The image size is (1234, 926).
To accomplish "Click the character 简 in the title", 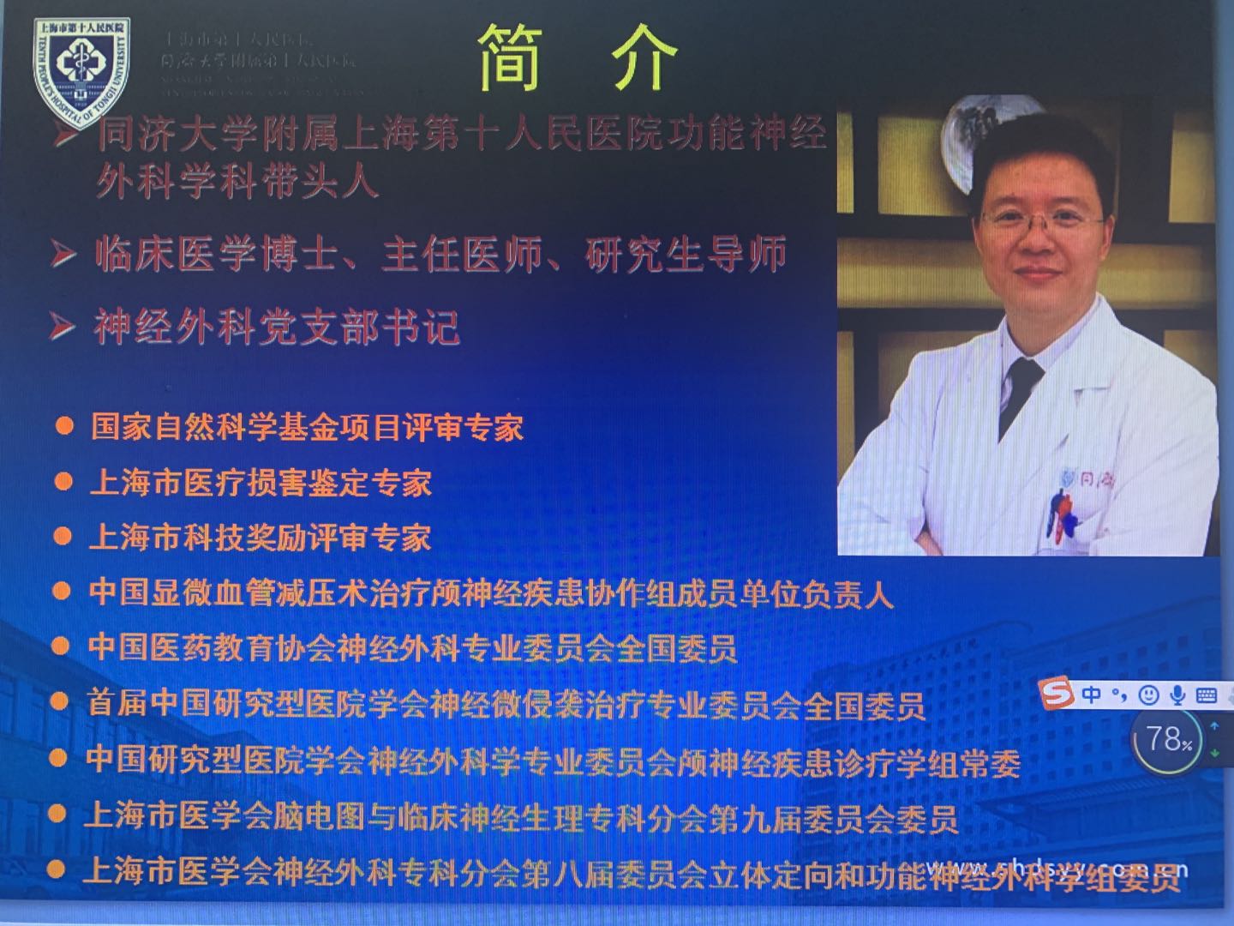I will (x=512, y=57).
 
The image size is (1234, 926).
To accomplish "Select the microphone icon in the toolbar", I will (x=1178, y=694).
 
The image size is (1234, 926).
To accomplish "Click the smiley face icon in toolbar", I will (x=1149, y=694).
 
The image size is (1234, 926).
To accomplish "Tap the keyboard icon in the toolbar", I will (x=1206, y=694).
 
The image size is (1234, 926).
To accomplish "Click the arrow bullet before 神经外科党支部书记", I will (x=62, y=327).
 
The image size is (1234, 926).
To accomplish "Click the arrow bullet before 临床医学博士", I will (x=62, y=255).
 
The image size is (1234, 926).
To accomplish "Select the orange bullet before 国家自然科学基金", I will (x=64, y=426).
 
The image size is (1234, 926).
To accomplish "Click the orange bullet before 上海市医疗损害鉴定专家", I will (x=63, y=482).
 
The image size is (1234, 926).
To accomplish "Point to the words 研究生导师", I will (x=686, y=256).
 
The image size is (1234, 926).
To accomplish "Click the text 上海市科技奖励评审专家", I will (x=261, y=538).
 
